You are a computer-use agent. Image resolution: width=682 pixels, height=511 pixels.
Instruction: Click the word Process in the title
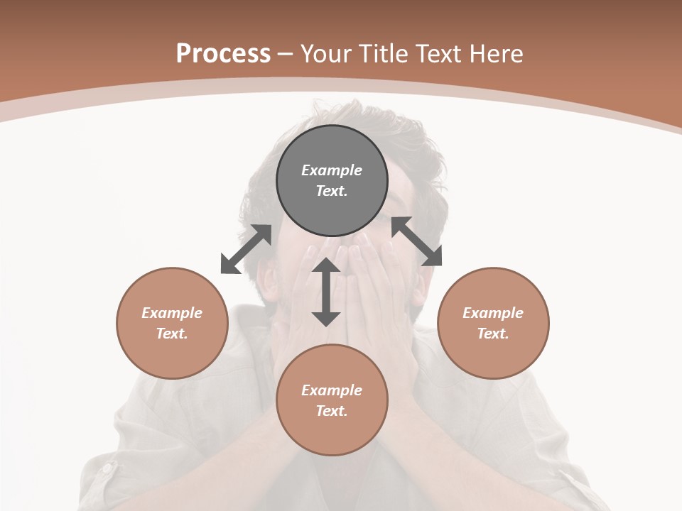point(223,54)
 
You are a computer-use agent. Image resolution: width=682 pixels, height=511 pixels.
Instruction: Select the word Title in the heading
point(384,54)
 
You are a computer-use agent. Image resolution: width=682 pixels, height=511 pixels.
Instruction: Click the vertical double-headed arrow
point(326,292)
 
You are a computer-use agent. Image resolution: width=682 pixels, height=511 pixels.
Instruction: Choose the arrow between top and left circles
point(246,249)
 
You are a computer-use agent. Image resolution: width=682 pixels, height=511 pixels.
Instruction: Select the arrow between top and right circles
point(417,241)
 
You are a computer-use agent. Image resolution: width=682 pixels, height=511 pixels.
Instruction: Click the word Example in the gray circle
point(332,170)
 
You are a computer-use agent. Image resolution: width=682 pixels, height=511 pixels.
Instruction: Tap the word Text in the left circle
point(172,334)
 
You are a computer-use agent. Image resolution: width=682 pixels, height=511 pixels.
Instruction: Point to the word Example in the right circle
point(493,313)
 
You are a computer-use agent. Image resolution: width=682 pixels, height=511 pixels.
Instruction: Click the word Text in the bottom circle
point(332,411)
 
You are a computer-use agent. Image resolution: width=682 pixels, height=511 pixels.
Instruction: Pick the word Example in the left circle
point(172,313)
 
